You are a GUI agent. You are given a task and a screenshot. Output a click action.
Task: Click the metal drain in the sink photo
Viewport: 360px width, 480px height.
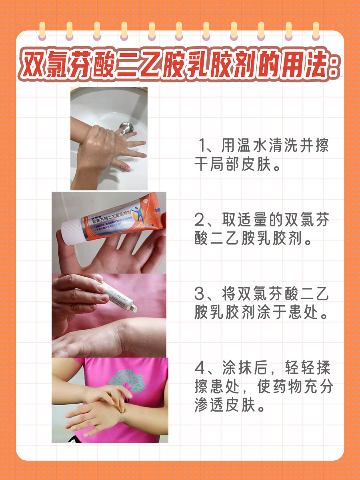126,127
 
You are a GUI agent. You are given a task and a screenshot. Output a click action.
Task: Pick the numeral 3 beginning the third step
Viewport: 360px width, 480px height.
200,294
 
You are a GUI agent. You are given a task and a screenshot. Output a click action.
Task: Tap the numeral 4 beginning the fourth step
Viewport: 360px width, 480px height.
200,368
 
